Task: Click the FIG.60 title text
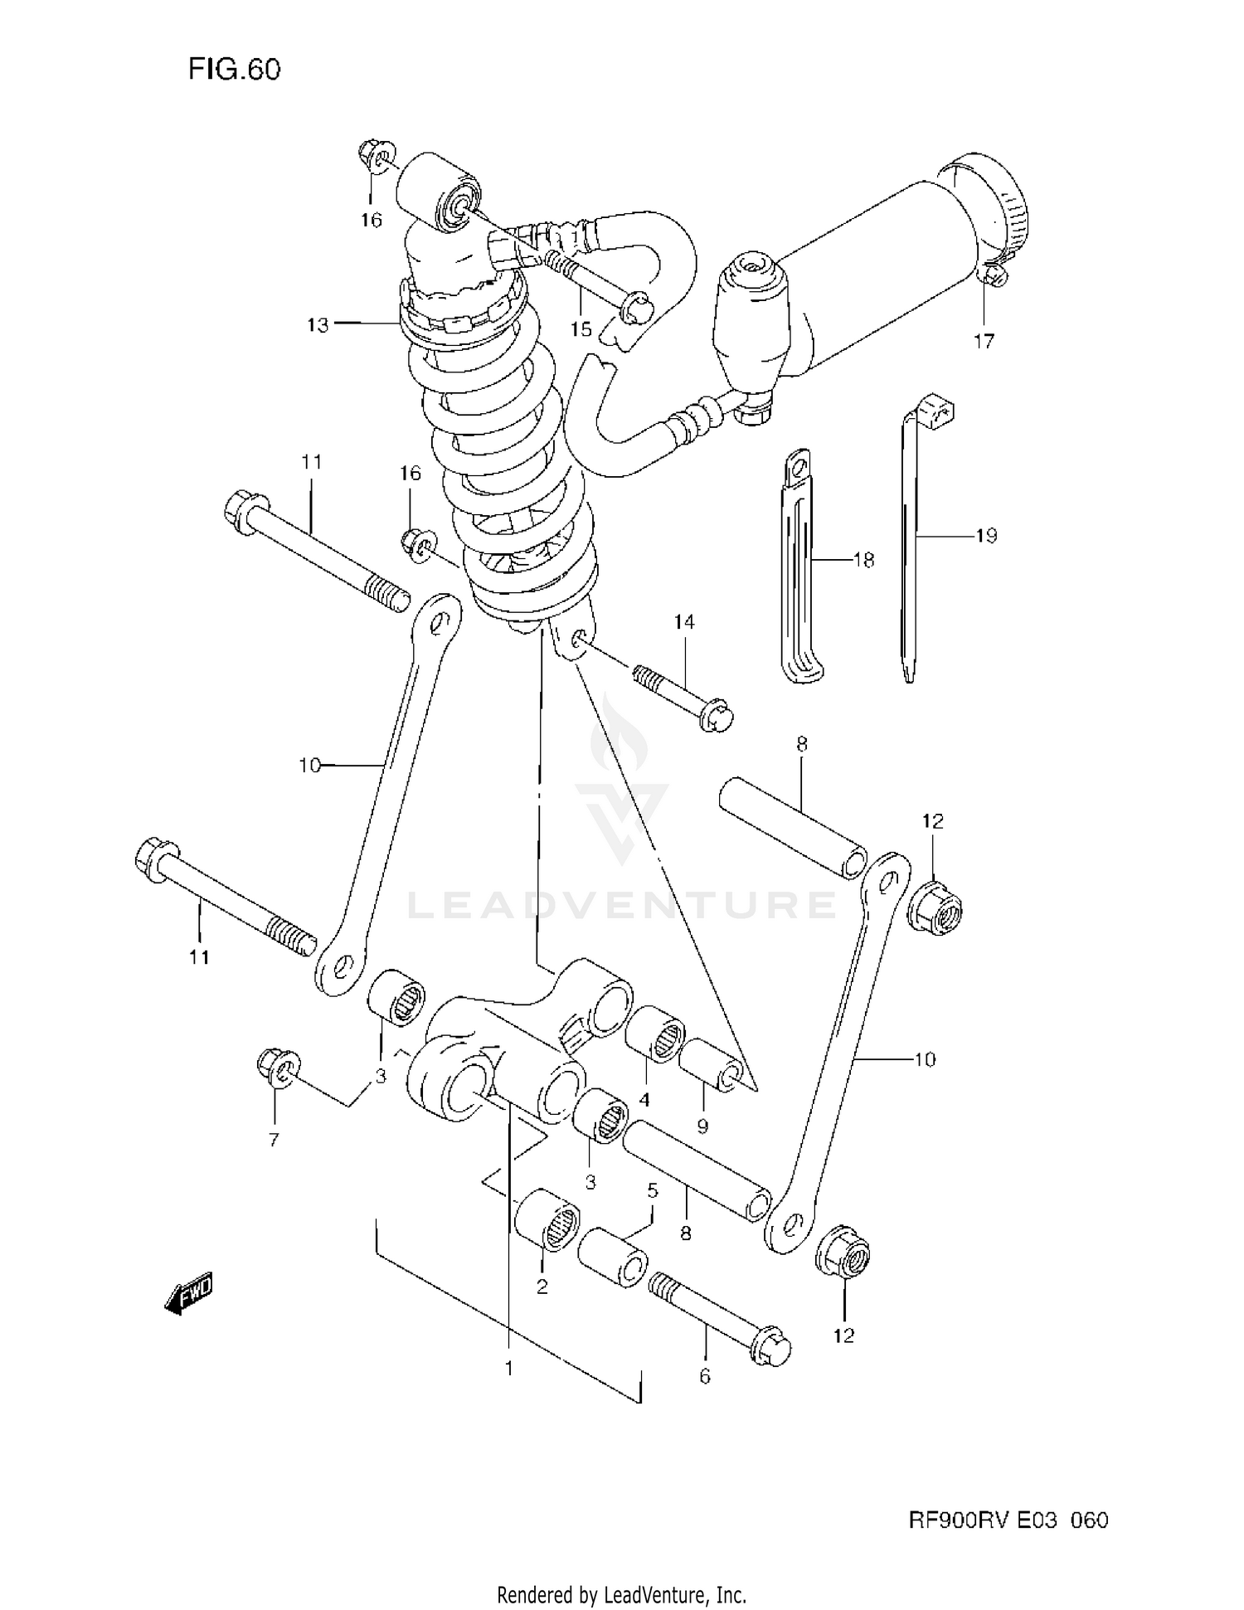click(x=234, y=69)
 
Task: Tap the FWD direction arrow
click(x=189, y=1293)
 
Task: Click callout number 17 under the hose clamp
click(x=984, y=341)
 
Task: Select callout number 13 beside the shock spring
click(x=318, y=325)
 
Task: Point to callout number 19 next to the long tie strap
click(x=985, y=536)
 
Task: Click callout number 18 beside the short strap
click(x=863, y=561)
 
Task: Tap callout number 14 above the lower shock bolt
click(x=684, y=622)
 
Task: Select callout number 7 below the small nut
click(x=274, y=1140)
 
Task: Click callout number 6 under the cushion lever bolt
click(x=705, y=1376)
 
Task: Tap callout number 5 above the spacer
click(x=652, y=1191)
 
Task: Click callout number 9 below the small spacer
click(x=702, y=1126)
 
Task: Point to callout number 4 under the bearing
click(x=644, y=1100)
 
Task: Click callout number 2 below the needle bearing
click(x=542, y=1287)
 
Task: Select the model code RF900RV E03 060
click(x=1008, y=1520)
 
